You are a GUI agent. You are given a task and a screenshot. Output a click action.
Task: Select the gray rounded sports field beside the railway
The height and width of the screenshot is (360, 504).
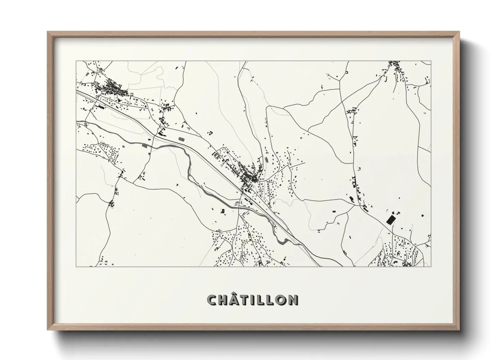point(181,139)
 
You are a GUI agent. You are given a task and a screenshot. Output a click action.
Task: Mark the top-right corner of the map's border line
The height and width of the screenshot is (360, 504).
point(431,61)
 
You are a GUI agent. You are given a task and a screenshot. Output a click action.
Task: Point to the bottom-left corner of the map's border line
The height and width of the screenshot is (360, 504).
point(76,266)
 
